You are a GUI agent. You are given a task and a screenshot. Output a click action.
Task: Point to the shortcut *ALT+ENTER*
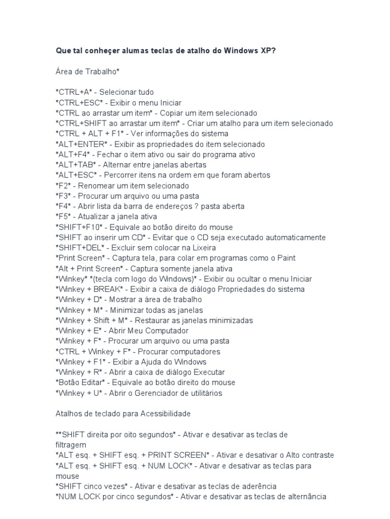coord(84,144)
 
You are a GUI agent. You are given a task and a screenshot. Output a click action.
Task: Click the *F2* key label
coord(63,186)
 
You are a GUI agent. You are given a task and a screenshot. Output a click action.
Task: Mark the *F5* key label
coord(63,216)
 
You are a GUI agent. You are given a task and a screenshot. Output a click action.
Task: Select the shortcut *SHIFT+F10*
coord(81,227)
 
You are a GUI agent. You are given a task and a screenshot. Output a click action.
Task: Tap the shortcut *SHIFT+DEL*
coord(80,248)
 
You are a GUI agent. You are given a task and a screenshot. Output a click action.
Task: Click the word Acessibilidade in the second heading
coord(166,414)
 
